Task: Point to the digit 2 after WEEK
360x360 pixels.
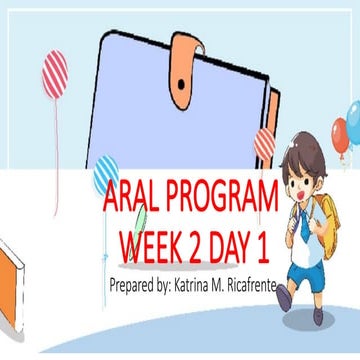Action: [x=203, y=244]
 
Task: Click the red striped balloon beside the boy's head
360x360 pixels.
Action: [x=265, y=143]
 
